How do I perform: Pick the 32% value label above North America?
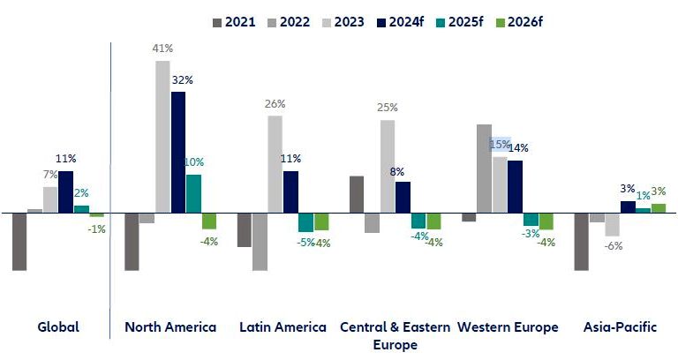point(183,79)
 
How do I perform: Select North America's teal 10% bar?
point(193,194)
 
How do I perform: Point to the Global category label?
point(58,327)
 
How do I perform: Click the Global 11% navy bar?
point(66,191)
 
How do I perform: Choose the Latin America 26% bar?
point(275,164)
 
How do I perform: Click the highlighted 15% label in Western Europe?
point(501,144)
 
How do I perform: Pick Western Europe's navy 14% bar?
point(515,187)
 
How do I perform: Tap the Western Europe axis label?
point(508,327)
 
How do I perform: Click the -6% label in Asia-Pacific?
point(613,246)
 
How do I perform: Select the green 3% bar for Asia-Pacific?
point(659,208)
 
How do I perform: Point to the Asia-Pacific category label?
point(621,327)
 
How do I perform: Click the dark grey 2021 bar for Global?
point(19,242)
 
